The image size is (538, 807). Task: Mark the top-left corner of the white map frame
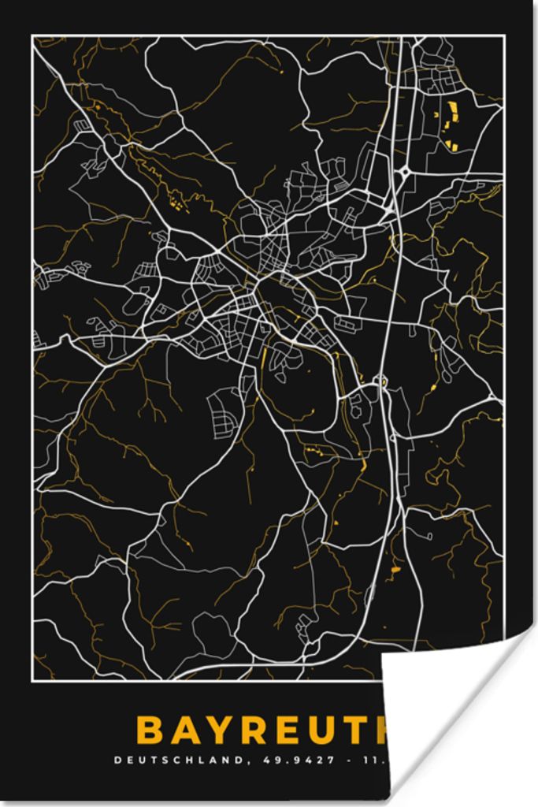coord(32,35)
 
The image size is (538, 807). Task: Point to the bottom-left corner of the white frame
coord(32,680)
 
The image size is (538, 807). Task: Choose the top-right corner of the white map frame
coord(503,35)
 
